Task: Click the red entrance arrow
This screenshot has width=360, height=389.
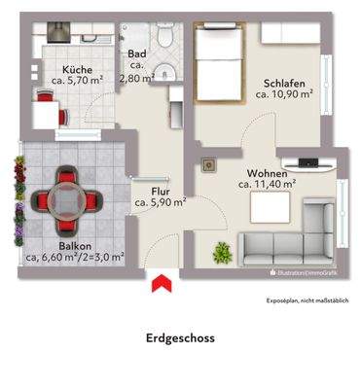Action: pos(162,283)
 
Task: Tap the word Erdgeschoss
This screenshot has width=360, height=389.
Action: pos(179,338)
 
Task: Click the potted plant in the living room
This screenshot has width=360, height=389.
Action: pos(222,254)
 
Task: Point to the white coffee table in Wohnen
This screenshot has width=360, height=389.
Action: pos(268,207)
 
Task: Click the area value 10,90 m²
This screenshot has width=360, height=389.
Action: pos(282,95)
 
